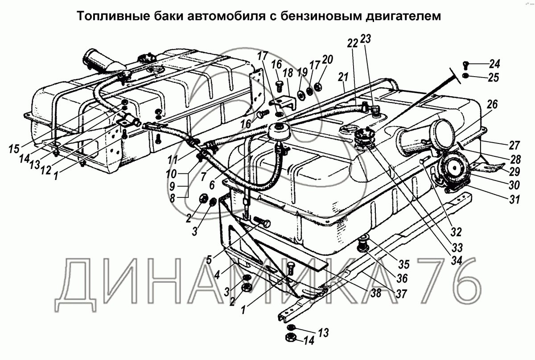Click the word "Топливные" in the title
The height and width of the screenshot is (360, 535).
point(107,16)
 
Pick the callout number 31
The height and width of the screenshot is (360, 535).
point(515,200)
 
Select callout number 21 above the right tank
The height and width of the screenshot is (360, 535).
point(342,78)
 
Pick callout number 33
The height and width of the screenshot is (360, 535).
point(456,247)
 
